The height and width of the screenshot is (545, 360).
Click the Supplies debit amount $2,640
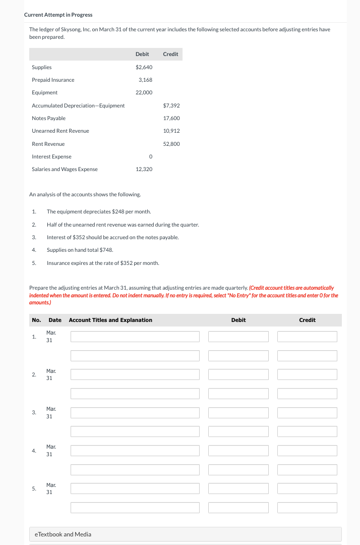pyautogui.click(x=144, y=67)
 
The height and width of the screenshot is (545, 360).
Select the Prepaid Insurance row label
pyautogui.click(x=53, y=80)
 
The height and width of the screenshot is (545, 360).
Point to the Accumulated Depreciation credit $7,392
pyautogui.click(x=171, y=105)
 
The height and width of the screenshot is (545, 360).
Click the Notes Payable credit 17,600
pyautogui.click(x=171, y=118)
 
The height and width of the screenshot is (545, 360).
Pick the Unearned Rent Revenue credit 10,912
pyautogui.click(x=171, y=131)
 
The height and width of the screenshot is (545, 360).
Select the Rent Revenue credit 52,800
pyautogui.click(x=171, y=144)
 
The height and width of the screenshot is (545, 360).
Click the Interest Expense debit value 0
pyautogui.click(x=150, y=156)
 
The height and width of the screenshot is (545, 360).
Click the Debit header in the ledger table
pyautogui.click(x=142, y=54)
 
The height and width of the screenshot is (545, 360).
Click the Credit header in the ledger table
pyautogui.click(x=170, y=54)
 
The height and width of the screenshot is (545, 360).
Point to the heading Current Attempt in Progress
pyautogui.click(x=58, y=15)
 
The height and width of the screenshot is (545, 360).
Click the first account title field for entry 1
pyautogui.click(x=135, y=337)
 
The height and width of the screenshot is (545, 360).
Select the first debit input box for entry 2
pyautogui.click(x=238, y=374)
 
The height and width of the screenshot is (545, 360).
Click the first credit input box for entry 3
pyautogui.click(x=307, y=412)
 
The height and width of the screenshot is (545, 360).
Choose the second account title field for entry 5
pyautogui.click(x=135, y=507)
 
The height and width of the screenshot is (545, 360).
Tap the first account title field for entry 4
pyautogui.click(x=135, y=450)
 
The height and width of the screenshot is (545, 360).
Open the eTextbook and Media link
pyautogui.click(x=63, y=534)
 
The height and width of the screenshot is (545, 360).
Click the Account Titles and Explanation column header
pyautogui.click(x=110, y=320)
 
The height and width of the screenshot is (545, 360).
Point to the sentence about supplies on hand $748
pyautogui.click(x=80, y=250)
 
